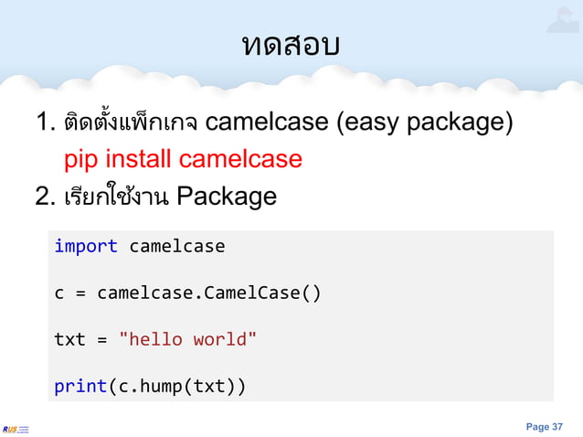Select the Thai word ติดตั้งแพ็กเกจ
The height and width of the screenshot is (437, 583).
coord(132,122)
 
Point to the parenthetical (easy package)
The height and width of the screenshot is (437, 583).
coord(425,122)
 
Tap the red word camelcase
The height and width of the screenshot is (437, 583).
coord(240,159)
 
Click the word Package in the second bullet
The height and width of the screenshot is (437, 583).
coord(227,197)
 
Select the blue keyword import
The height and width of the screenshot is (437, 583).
coord(86,246)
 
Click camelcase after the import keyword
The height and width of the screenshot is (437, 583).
coord(176,246)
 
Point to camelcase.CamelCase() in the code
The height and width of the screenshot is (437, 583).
coord(209,293)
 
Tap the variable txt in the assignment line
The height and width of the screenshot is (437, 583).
coord(69,340)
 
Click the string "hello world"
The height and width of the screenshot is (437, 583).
coord(188,340)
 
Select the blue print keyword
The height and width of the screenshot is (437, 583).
coord(80,387)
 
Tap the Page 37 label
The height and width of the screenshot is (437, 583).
coord(545,426)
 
